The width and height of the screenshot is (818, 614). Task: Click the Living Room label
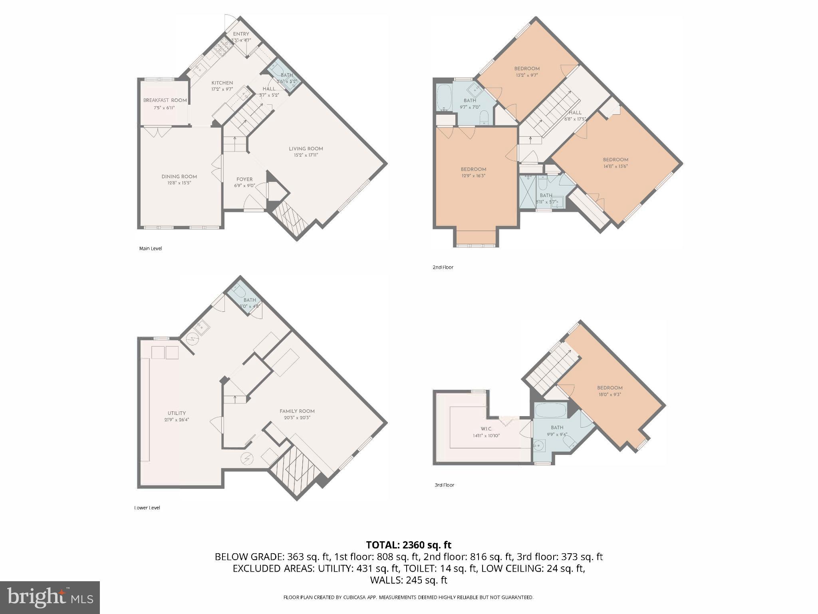click(306, 149)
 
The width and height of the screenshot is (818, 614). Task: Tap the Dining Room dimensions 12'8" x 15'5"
click(179, 183)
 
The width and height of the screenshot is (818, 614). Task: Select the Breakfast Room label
click(165, 100)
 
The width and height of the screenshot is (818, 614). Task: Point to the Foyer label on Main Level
click(244, 179)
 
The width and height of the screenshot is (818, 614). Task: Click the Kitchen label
click(222, 83)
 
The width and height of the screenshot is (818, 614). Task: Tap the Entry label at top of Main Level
click(241, 34)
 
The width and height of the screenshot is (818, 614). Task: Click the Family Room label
click(297, 411)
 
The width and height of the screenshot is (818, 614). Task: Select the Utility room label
click(177, 413)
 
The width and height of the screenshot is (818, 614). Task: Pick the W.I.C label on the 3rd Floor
click(486, 429)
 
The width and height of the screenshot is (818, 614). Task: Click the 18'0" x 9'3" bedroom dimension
click(610, 394)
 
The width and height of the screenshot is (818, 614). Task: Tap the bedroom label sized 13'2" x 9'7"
click(527, 68)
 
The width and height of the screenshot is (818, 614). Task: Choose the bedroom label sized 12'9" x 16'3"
click(473, 169)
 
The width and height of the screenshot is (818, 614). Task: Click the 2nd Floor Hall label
click(575, 113)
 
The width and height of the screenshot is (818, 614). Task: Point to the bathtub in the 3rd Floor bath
click(550, 410)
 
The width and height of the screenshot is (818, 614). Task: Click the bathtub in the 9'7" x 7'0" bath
click(444, 98)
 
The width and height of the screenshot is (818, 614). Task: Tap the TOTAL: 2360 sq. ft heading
click(409, 545)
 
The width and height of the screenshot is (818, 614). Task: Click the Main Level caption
click(150, 248)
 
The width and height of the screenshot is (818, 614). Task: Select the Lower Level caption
click(147, 508)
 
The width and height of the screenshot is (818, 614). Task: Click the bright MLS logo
click(50, 597)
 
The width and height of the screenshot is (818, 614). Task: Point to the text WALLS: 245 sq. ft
click(409, 580)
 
